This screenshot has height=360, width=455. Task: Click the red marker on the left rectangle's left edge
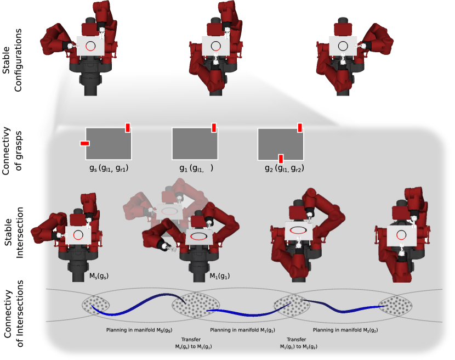pyautogui.click(x=84, y=143)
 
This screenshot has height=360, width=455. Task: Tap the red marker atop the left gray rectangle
pyautogui.click(x=128, y=127)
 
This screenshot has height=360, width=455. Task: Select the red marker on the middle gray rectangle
pyautogui.click(x=214, y=127)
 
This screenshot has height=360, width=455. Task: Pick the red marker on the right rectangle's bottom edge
pyautogui.click(x=281, y=159)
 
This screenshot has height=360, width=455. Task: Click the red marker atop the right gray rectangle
pyautogui.click(x=300, y=127)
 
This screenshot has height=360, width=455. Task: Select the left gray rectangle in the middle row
pyautogui.click(x=109, y=144)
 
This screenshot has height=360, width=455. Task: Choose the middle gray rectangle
pyautogui.click(x=195, y=144)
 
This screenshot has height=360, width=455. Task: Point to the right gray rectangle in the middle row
pyautogui.click(x=281, y=144)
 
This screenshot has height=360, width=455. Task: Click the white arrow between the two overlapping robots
pyautogui.click(x=187, y=201)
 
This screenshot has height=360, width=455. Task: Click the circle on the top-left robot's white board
pyautogui.click(x=90, y=46)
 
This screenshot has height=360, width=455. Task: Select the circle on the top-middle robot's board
pyautogui.click(x=215, y=46)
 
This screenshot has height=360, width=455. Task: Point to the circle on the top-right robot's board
pyautogui.click(x=343, y=46)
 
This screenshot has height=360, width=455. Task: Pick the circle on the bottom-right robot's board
pyautogui.click(x=401, y=235)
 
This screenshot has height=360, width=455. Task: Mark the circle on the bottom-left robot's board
pyautogui.click(x=78, y=235)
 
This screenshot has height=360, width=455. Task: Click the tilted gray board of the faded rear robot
pyautogui.click(x=169, y=211)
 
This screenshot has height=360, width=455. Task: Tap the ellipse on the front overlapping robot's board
pyautogui.click(x=199, y=237)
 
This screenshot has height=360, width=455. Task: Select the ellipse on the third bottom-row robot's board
pyautogui.click(x=298, y=230)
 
